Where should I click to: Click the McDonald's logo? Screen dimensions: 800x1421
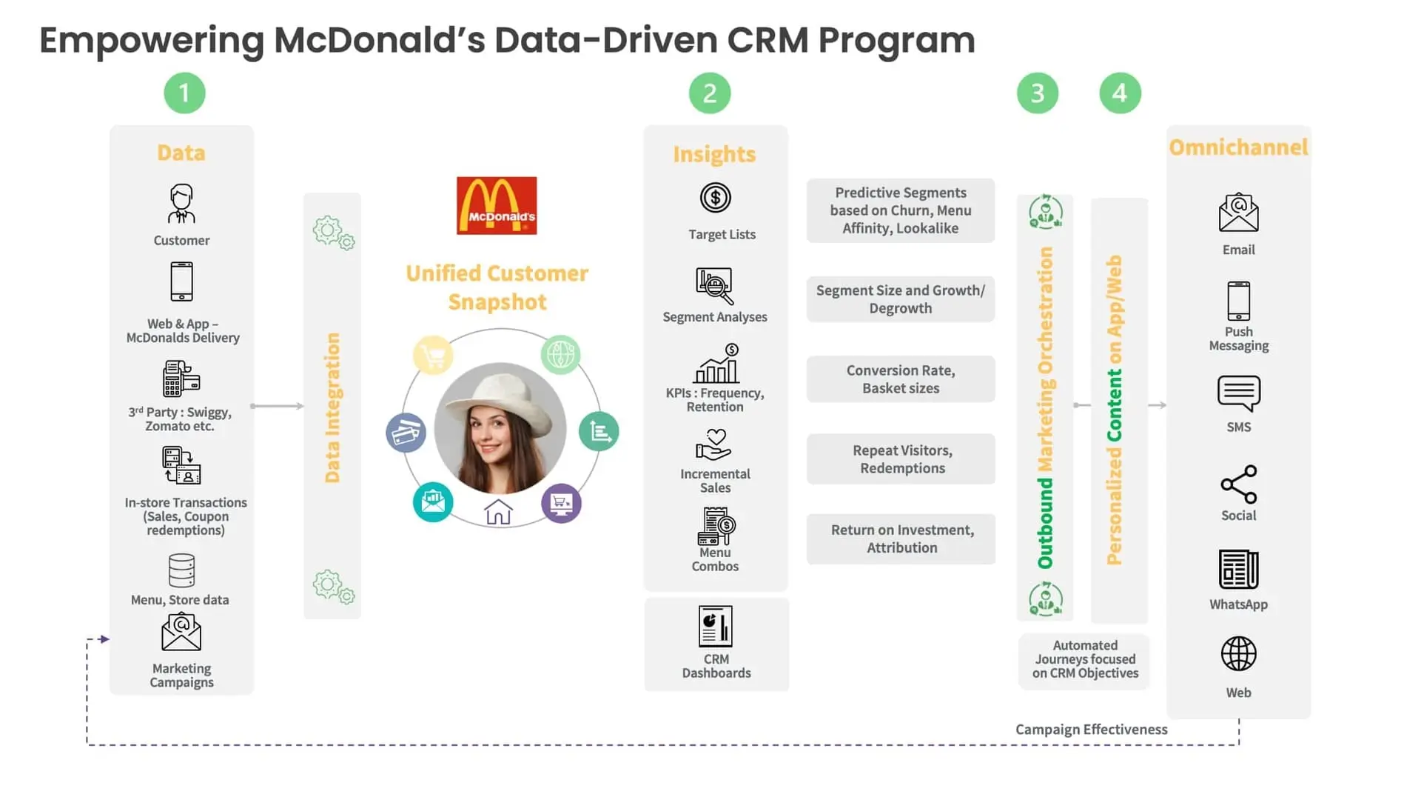(497, 205)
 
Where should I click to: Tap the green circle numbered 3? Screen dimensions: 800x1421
(1037, 93)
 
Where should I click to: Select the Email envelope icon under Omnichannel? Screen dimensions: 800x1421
(1238, 213)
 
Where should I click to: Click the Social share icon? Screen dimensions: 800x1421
(1238, 484)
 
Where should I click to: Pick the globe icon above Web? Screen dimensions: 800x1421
(1238, 654)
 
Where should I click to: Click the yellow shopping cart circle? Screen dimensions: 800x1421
(433, 356)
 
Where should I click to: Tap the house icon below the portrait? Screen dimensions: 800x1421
(498, 512)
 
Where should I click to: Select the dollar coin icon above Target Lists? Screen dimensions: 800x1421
(715, 198)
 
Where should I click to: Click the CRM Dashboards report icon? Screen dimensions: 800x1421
(716, 626)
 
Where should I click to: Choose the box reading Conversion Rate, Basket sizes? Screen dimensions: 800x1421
(901, 379)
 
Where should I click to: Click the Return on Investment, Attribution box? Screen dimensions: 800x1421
(901, 539)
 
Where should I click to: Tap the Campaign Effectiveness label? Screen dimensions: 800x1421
(1091, 730)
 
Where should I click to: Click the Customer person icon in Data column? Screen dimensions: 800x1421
(181, 204)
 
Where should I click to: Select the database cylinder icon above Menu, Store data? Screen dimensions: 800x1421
(181, 570)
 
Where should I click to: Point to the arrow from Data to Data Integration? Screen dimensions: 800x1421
(278, 406)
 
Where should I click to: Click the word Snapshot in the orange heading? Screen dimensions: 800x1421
(497, 302)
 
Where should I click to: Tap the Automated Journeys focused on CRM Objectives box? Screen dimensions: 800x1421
(1084, 659)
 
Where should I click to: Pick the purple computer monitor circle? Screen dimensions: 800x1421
(561, 504)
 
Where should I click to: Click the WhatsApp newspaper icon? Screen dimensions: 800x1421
(1238, 569)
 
